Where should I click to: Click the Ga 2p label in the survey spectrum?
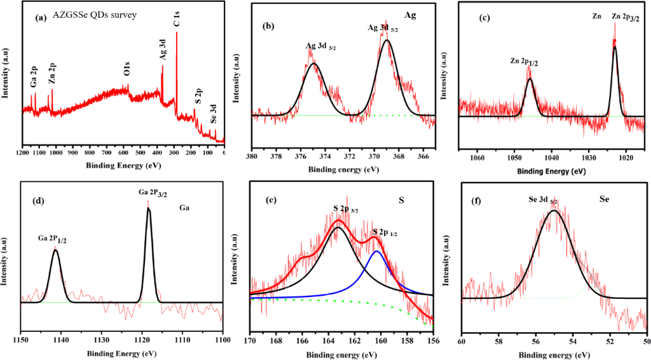(34, 79)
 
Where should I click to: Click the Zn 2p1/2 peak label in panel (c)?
(525, 61)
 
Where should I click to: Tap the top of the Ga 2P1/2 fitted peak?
(55, 251)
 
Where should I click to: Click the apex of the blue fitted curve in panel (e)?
(377, 251)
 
